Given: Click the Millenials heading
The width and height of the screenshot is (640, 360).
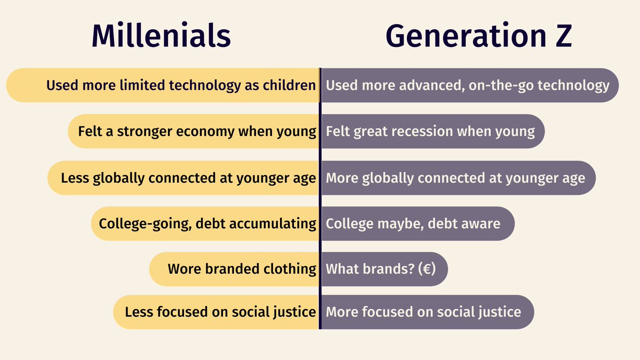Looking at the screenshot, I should [161, 36].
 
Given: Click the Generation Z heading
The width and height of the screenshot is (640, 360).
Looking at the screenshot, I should [478, 36].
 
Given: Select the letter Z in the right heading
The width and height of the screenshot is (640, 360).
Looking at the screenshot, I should [561, 36].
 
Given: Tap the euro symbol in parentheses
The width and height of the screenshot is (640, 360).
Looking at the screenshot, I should [425, 269].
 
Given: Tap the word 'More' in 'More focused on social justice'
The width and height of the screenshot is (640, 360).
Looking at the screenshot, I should [341, 311].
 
